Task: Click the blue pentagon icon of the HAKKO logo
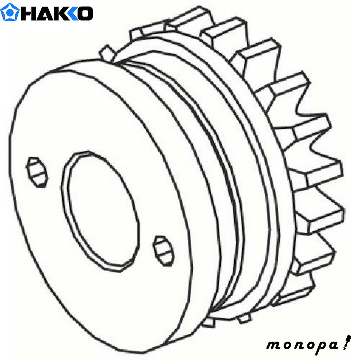coord(10,12)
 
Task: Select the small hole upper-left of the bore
coord(37,172)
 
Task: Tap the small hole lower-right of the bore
coord(163,251)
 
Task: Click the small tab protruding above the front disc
coord(107,53)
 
